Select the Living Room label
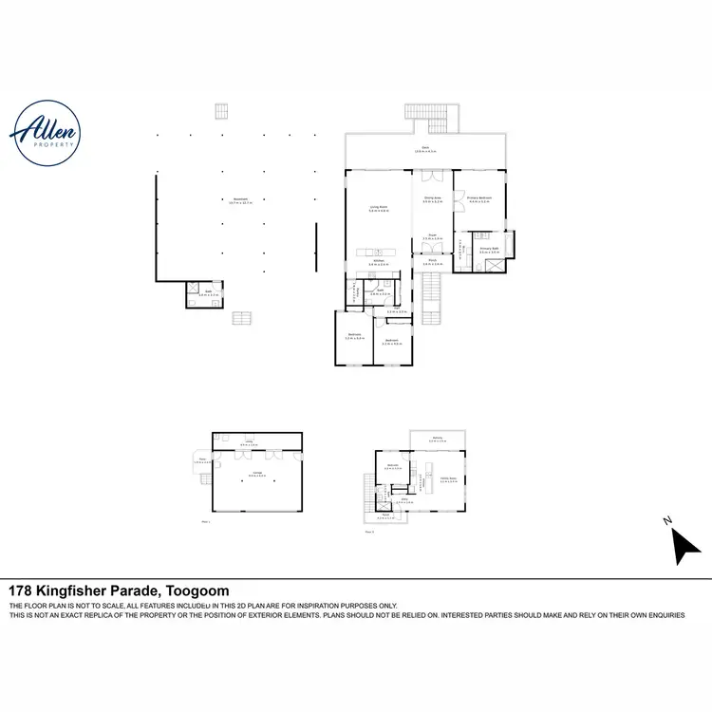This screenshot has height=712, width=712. (379, 208)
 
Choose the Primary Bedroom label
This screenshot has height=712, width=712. (478, 199)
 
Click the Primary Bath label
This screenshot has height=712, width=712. (489, 251)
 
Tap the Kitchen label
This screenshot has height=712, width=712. (378, 261)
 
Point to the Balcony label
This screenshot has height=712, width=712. (437, 440)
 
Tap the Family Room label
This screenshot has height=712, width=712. (447, 479)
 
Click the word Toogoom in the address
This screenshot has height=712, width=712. (197, 590)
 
